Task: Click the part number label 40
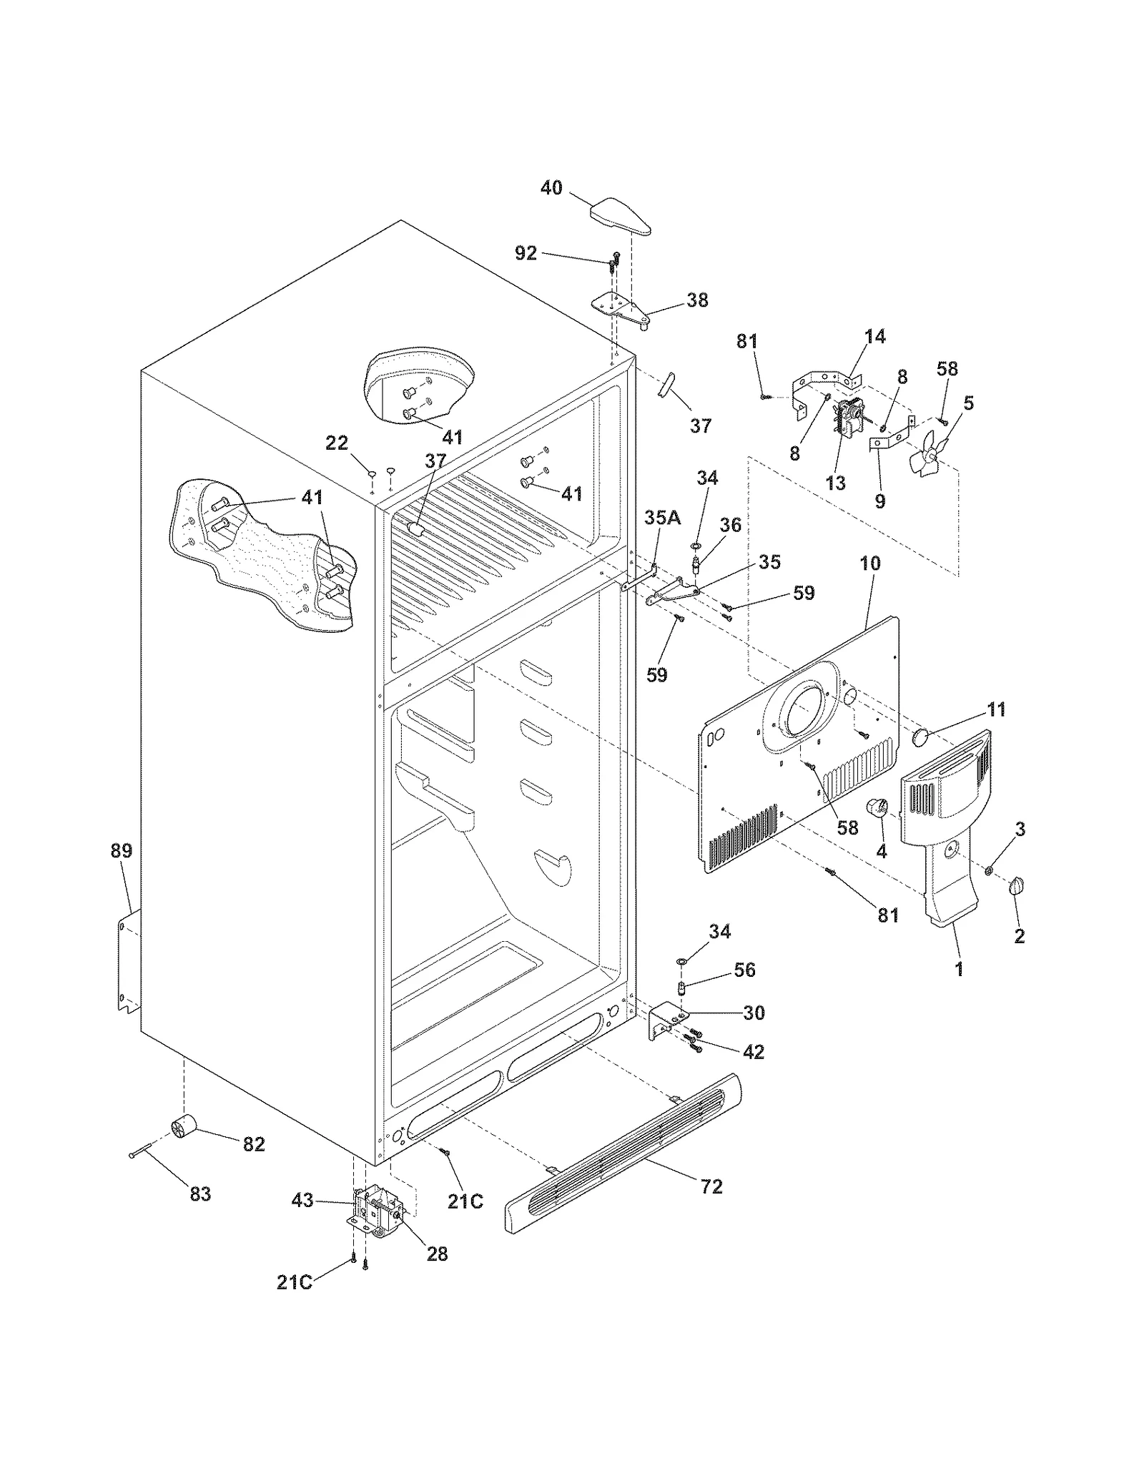tap(551, 188)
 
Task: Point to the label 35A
tap(662, 518)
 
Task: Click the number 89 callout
tap(122, 851)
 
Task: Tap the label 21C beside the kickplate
tap(465, 1201)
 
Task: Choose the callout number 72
tap(711, 1186)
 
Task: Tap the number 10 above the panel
tap(869, 563)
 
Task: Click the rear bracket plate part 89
tap(127, 960)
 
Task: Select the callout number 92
tap(526, 253)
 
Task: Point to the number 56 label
tap(744, 970)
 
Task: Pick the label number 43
tap(302, 1200)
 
